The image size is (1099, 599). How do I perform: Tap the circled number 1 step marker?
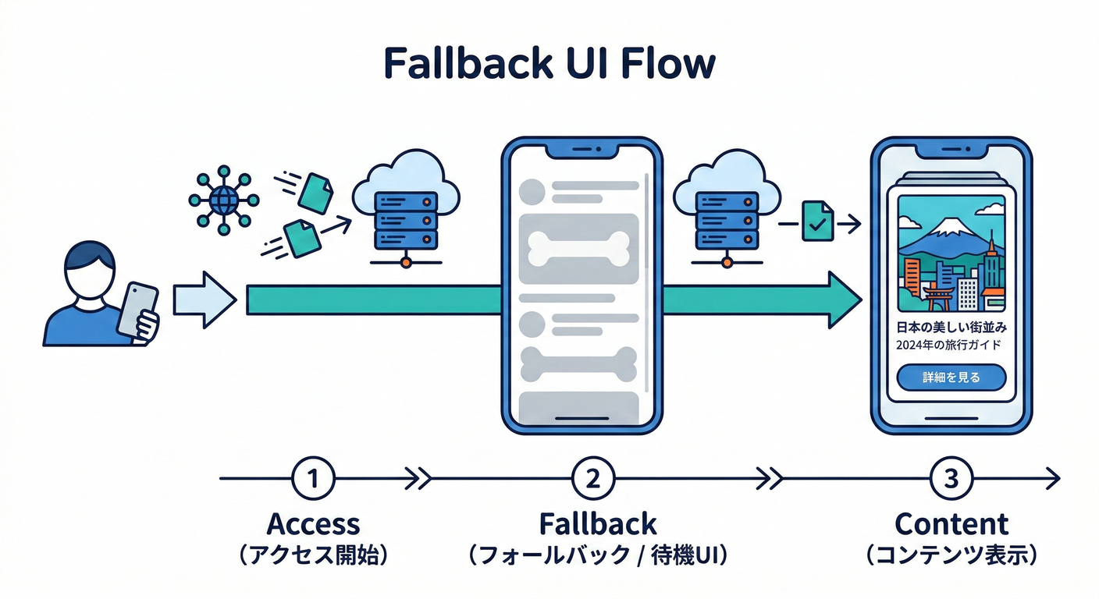click(313, 478)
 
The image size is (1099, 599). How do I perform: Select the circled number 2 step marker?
click(593, 478)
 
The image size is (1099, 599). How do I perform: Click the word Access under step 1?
click(313, 523)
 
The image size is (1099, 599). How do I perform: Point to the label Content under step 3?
click(951, 523)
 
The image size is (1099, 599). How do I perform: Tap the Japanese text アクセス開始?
click(313, 555)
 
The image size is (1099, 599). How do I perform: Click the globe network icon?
click(223, 200)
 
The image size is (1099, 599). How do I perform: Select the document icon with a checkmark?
click(818, 222)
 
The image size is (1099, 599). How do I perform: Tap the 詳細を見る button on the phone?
click(951, 377)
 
